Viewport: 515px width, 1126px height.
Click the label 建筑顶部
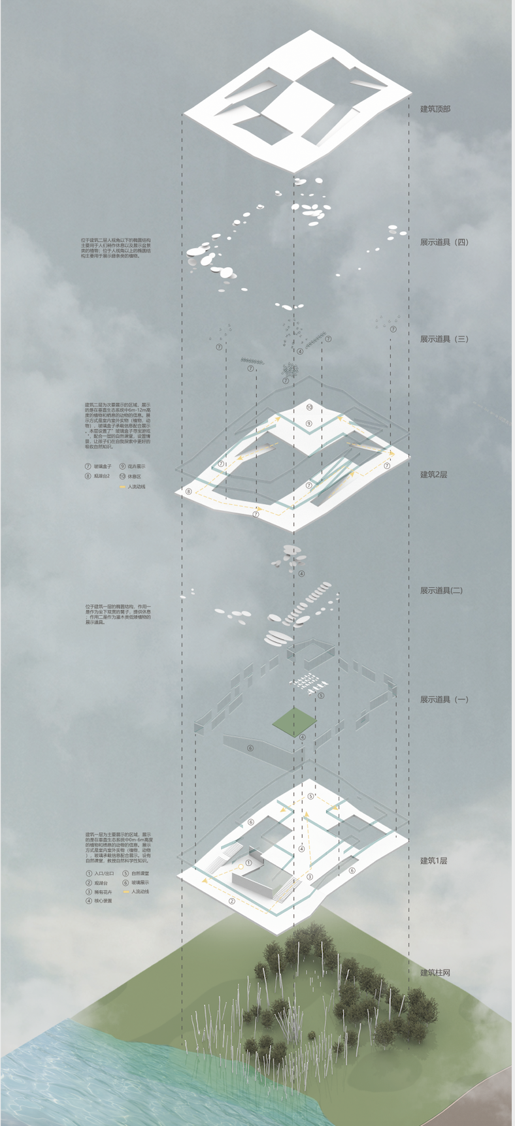(435, 109)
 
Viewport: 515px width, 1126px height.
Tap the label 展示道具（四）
(444, 242)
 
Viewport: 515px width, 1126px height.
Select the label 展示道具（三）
(444, 339)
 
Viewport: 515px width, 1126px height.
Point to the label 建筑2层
(434, 475)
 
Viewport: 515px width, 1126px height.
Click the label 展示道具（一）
(444, 700)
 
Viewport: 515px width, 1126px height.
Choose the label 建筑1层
(434, 861)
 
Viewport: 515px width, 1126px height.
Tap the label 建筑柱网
(435, 973)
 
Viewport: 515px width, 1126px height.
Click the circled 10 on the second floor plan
(309, 407)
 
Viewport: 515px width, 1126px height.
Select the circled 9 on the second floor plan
(309, 423)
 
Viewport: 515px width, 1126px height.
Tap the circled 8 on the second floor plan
(189, 492)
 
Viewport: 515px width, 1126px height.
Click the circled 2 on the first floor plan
(232, 901)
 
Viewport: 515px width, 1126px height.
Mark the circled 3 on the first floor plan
(310, 877)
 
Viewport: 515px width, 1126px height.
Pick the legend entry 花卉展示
(137, 466)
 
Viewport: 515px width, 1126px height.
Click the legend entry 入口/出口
(104, 873)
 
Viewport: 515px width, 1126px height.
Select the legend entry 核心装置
(103, 901)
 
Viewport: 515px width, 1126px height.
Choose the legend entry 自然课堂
(140, 873)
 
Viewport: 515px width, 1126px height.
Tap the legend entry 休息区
(134, 476)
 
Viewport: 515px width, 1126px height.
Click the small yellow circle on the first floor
(249, 863)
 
